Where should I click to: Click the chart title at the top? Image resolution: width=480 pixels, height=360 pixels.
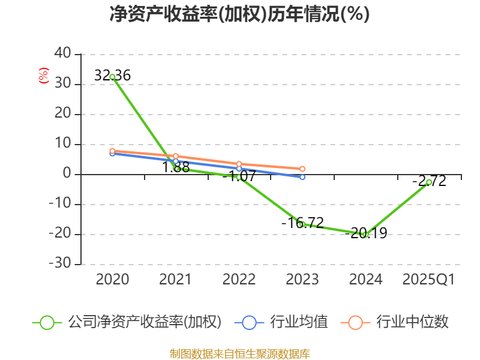pos(239,14)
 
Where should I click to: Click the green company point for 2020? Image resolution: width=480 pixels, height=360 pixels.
pos(112,77)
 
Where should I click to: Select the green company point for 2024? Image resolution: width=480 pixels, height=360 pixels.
pos(365,234)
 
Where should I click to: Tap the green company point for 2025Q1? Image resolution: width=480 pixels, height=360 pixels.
pos(429,182)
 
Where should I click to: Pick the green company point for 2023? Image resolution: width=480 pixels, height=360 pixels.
pos(302,224)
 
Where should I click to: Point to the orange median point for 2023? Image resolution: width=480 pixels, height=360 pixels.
pos(302,169)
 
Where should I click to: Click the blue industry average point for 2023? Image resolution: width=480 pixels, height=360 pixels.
pos(302,177)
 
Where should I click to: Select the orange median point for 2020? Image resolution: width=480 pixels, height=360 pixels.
pos(112,151)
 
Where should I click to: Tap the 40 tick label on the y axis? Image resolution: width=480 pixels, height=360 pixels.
pos(62,54)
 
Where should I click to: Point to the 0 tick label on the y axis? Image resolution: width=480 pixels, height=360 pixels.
pos(67,174)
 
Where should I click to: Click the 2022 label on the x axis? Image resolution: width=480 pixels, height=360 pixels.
pos(239,280)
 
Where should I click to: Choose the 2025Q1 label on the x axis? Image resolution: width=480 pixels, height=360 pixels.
pos(428,280)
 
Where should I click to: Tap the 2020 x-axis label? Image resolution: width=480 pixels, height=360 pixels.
pos(112,280)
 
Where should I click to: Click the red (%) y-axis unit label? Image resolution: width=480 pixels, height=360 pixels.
pos(43,76)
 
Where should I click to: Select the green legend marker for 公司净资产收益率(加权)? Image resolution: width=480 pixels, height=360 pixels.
pos(47,322)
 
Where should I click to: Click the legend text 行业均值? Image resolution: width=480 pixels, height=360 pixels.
pos(299,322)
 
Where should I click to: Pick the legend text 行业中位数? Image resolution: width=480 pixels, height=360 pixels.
pos(412,322)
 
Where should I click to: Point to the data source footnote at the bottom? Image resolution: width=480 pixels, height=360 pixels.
pos(239,353)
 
